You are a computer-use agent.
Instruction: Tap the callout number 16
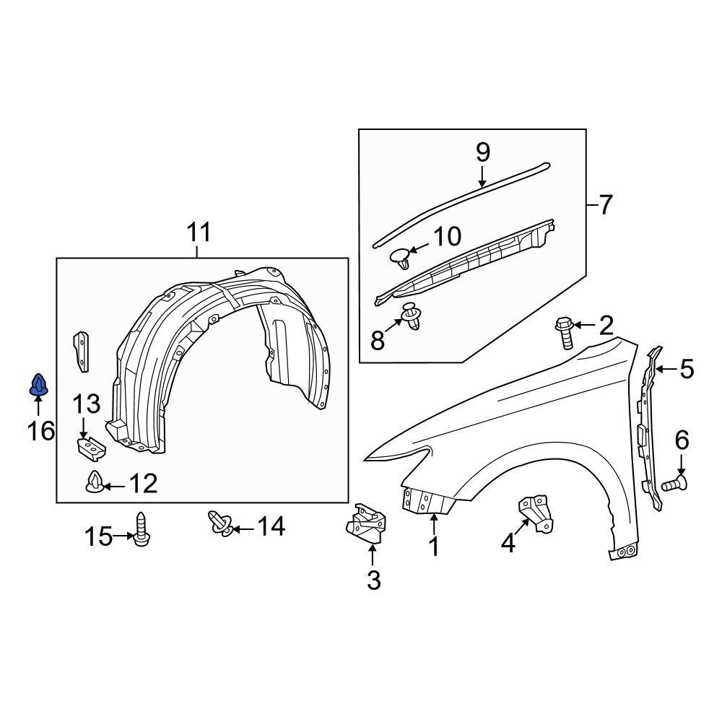[41, 431]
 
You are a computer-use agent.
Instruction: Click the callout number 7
[604, 205]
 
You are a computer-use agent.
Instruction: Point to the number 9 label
[482, 152]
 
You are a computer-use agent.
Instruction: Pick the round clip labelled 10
[400, 257]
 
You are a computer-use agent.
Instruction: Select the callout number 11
[199, 233]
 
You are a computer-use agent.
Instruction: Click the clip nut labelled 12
[94, 482]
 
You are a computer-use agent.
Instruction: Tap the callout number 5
[686, 370]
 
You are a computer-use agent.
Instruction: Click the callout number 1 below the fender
[434, 547]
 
